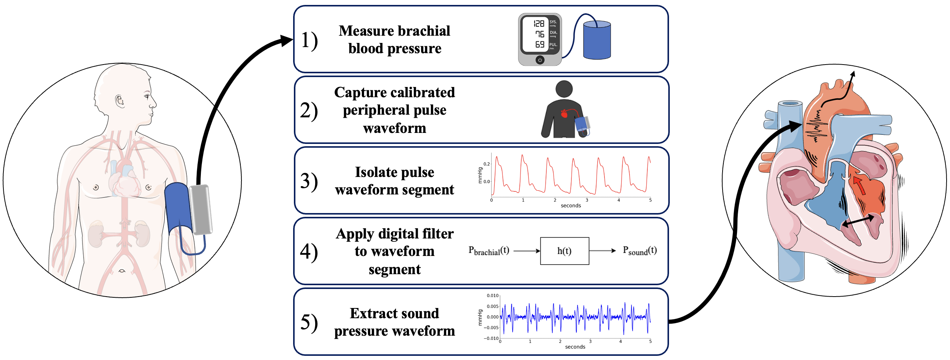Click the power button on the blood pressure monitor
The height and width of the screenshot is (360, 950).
click(x=540, y=60)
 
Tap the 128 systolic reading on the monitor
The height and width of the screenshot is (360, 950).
click(x=539, y=24)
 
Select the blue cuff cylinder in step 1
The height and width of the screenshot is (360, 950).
click(x=597, y=41)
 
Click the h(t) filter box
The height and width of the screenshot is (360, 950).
click(x=564, y=251)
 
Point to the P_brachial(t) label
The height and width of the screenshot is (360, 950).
click(x=489, y=251)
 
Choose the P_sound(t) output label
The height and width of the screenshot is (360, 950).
click(x=640, y=251)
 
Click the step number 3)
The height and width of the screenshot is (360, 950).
click(x=309, y=181)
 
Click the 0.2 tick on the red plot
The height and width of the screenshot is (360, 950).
click(x=486, y=164)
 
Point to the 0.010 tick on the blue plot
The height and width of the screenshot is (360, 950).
click(x=492, y=295)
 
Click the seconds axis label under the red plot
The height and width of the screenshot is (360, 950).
click(x=571, y=206)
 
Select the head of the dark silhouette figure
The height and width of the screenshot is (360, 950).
click(x=564, y=89)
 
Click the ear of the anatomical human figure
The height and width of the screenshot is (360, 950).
click(x=120, y=101)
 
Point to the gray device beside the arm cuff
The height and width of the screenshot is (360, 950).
click(x=200, y=209)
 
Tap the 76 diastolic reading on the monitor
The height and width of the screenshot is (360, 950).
click(x=540, y=34)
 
